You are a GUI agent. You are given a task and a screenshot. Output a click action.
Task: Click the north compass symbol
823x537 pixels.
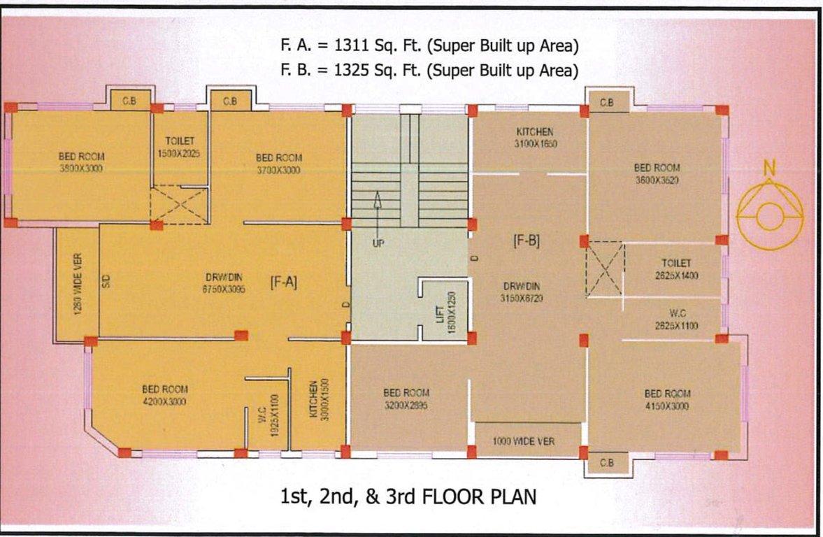click(x=768, y=213)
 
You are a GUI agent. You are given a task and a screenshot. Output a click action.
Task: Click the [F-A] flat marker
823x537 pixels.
click(x=284, y=282)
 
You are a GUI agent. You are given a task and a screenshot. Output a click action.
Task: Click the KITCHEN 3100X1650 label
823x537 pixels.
click(x=535, y=137)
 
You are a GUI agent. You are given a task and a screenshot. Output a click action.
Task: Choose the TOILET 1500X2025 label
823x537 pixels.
click(x=180, y=147)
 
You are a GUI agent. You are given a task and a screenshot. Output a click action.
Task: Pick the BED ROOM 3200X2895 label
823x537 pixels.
click(x=406, y=399)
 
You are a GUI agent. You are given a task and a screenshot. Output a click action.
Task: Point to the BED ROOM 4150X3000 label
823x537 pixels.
click(x=667, y=400)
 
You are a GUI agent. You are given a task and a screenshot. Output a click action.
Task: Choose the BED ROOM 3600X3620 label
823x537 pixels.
click(x=657, y=173)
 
